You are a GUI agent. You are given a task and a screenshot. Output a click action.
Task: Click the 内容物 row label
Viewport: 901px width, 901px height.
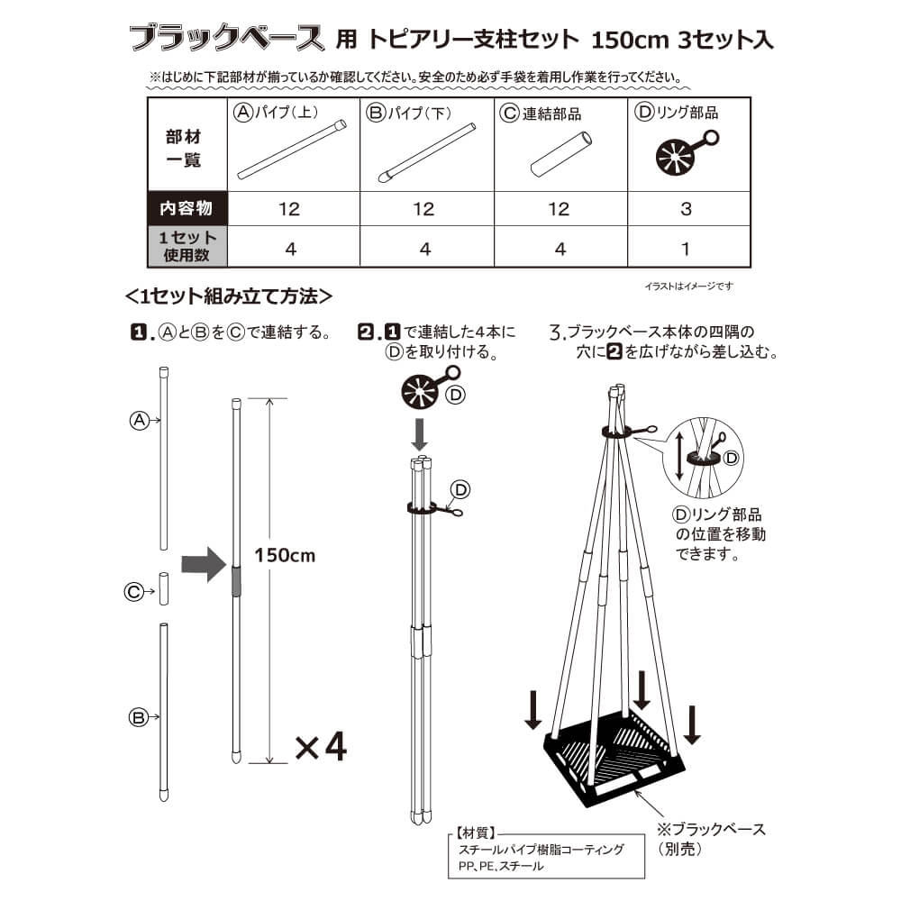(x=187, y=209)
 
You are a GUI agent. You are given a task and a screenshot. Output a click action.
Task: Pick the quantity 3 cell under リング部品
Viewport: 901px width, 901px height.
(x=686, y=209)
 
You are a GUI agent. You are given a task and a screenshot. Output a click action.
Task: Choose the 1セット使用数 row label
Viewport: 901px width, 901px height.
(x=187, y=247)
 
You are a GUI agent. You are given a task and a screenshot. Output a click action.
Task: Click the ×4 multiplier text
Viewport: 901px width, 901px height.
(x=320, y=747)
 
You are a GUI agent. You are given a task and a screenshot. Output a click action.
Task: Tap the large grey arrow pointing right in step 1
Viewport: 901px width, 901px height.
(x=202, y=565)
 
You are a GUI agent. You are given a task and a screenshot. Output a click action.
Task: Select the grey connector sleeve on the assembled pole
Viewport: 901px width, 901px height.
(x=236, y=580)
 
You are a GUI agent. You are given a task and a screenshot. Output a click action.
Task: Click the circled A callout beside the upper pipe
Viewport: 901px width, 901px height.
(x=139, y=420)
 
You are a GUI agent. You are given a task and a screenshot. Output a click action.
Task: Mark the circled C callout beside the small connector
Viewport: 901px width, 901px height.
(x=133, y=592)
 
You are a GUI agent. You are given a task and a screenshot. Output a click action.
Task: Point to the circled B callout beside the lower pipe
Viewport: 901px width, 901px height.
(x=138, y=717)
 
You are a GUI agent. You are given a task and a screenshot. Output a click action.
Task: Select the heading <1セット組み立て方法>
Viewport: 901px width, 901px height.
(x=231, y=295)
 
